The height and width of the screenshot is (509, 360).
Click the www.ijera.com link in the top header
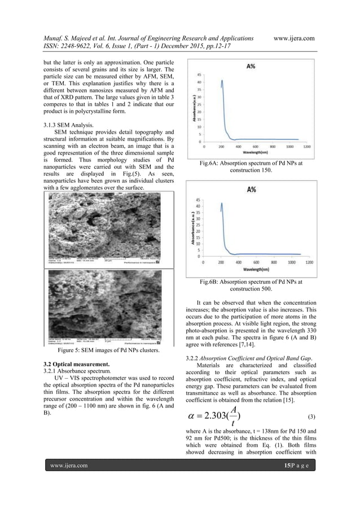pyautogui.click(x=293, y=37)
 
